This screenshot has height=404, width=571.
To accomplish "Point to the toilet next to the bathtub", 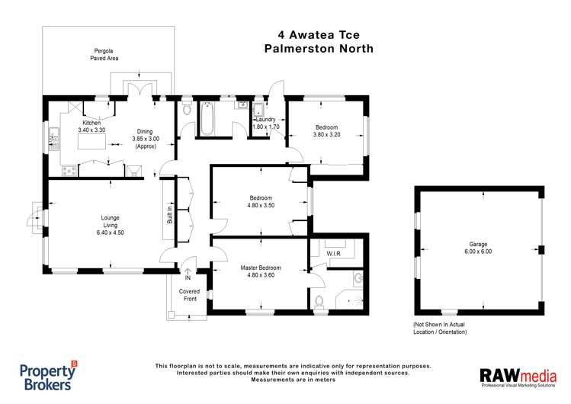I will [x=187, y=111].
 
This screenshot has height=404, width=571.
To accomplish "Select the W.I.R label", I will [x=332, y=254].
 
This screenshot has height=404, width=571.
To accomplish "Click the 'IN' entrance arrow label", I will [x=188, y=277].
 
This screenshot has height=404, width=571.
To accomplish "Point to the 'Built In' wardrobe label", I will [x=170, y=215].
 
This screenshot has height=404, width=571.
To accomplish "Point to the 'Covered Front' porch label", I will [x=188, y=295].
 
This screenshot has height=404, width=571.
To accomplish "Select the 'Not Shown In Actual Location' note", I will [x=445, y=328].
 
